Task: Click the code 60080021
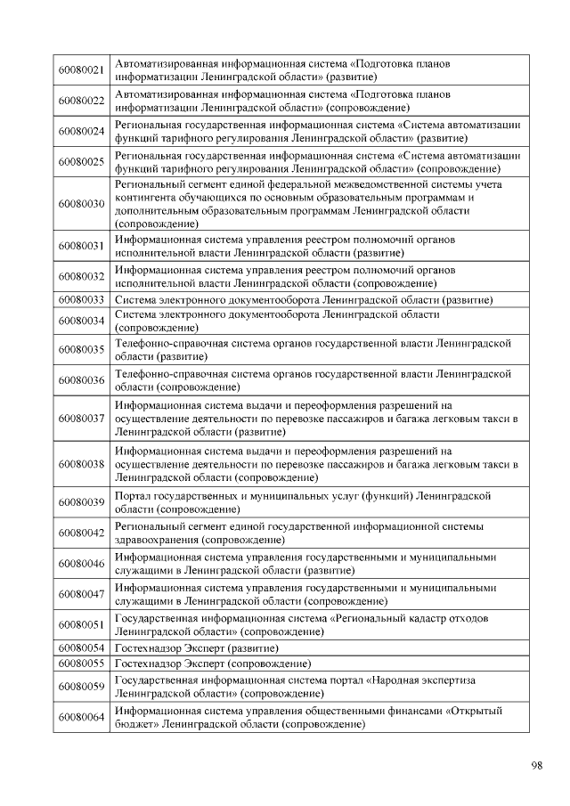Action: (81, 70)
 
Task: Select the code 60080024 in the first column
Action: (81, 131)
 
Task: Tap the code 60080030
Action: (81, 204)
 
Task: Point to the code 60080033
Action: (81, 300)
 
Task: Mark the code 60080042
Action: (81, 533)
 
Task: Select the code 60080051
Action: (81, 624)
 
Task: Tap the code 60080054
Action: (81, 647)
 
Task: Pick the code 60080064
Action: (81, 717)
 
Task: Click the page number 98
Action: (536, 765)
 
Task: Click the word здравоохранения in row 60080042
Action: (157, 540)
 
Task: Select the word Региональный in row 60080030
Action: (151, 183)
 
